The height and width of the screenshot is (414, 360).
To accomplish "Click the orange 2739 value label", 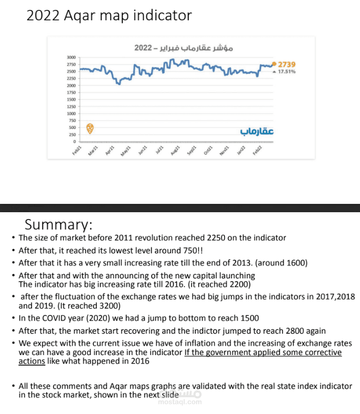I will point(287,64).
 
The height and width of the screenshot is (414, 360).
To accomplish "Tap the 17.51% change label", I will point(287,71).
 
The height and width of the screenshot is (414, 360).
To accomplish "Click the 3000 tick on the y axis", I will point(72,57).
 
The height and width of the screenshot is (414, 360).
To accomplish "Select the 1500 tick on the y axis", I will point(72,99).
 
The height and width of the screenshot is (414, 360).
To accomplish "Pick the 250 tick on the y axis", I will point(73,135).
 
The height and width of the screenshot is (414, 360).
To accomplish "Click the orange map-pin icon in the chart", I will point(90,128).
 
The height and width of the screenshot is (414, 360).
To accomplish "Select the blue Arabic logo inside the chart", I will point(257,131).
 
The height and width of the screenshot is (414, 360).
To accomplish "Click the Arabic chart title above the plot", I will point(183,47).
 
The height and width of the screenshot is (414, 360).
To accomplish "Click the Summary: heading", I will point(58,225).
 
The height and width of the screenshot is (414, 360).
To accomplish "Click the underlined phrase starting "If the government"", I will point(263,352).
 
